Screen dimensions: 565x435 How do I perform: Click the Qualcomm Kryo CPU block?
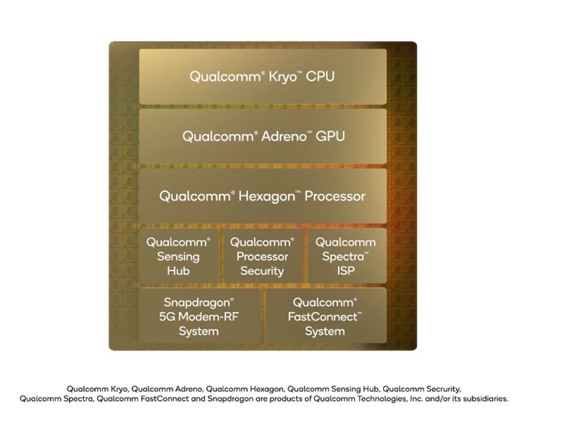pos(263,76)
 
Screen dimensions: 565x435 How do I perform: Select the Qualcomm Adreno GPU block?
pos(263,136)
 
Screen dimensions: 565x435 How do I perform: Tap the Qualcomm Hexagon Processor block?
pos(263,196)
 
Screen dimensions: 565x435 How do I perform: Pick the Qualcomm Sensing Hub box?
pos(179,256)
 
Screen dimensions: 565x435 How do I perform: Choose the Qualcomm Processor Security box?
pos(263,256)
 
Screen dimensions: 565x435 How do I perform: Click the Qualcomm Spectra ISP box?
pos(347,256)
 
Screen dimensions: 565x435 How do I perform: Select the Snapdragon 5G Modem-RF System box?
pos(200,316)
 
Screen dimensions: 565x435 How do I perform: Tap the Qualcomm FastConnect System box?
pos(326,316)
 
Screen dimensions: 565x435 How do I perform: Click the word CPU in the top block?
pos(320,76)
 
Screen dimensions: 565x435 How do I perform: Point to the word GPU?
pos(330,136)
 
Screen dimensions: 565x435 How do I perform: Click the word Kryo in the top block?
pos(282,77)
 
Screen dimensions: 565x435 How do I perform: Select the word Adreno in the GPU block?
pos(284,136)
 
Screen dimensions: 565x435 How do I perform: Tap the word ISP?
pos(346,271)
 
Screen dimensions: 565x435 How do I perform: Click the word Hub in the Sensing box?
pos(178,271)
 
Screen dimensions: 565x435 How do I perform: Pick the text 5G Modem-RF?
pos(199,317)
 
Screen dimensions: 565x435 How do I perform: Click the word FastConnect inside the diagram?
pos(323,317)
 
